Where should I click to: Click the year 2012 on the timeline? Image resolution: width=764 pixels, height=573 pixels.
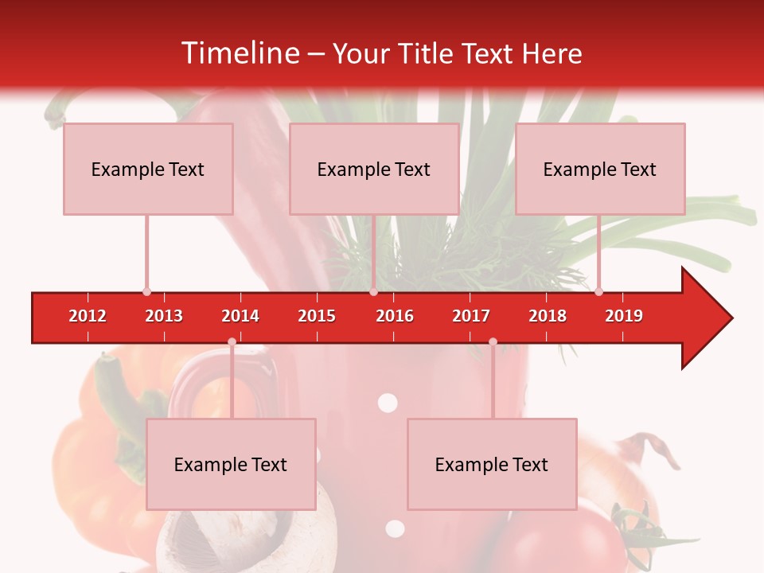88,316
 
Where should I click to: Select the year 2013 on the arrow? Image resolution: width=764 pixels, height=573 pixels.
164,316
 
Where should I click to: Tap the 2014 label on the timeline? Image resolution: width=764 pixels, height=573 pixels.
240,316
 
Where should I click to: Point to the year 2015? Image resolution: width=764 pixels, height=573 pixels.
317,316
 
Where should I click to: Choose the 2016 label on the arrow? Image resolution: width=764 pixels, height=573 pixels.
395,316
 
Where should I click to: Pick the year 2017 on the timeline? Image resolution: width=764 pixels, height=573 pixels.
471,316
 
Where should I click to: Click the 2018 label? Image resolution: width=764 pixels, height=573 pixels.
548,316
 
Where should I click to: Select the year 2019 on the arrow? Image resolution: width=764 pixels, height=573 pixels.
624,316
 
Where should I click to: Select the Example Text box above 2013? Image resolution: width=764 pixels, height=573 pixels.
148,169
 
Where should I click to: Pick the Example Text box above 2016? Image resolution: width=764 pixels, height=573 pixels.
374,169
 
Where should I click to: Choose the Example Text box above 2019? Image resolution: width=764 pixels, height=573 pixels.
600,169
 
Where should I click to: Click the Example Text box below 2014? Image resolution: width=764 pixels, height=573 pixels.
231,464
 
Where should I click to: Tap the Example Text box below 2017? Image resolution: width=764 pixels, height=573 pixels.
492,464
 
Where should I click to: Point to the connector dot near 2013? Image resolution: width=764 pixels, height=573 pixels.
146,291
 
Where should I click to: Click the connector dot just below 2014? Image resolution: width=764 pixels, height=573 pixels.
232,341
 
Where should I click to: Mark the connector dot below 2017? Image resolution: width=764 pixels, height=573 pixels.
493,341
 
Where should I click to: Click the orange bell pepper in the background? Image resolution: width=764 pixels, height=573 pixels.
88,470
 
